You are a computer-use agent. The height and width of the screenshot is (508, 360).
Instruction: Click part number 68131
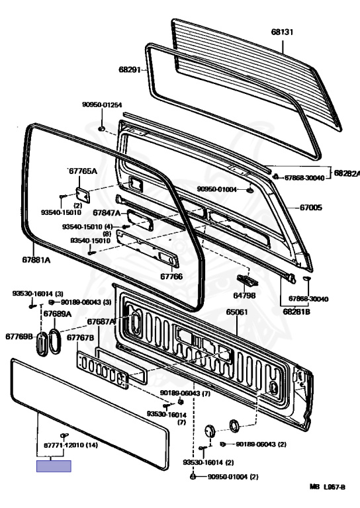(282, 32)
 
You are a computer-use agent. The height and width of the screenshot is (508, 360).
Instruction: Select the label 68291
(130, 69)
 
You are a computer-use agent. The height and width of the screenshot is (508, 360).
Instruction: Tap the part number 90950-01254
(102, 105)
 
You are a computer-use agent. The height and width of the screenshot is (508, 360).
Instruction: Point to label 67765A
(83, 171)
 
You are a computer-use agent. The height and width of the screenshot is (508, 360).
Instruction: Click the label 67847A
(107, 212)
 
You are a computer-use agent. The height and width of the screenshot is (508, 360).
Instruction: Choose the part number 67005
(311, 207)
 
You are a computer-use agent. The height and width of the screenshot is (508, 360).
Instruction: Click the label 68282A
(347, 173)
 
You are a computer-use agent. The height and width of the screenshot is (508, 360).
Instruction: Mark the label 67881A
(36, 260)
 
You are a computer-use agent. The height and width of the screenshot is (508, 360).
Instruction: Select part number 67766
(171, 276)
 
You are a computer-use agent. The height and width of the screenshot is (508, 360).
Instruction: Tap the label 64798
(244, 296)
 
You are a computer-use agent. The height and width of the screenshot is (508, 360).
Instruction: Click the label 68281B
(296, 312)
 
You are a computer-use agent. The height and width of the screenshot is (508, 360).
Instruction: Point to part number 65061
(237, 312)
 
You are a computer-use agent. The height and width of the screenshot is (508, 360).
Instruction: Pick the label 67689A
(58, 314)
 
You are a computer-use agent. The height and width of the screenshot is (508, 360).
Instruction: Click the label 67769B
(19, 336)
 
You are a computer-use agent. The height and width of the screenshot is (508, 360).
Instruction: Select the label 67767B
(80, 337)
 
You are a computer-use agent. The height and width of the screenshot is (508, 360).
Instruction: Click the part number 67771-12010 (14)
(71, 445)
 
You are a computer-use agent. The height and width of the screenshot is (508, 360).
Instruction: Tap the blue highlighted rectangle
(54, 466)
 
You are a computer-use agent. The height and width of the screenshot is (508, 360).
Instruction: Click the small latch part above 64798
(247, 280)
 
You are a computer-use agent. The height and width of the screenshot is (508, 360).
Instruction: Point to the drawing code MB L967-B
(328, 487)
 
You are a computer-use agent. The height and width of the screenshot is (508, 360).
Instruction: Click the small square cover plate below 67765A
(83, 195)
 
